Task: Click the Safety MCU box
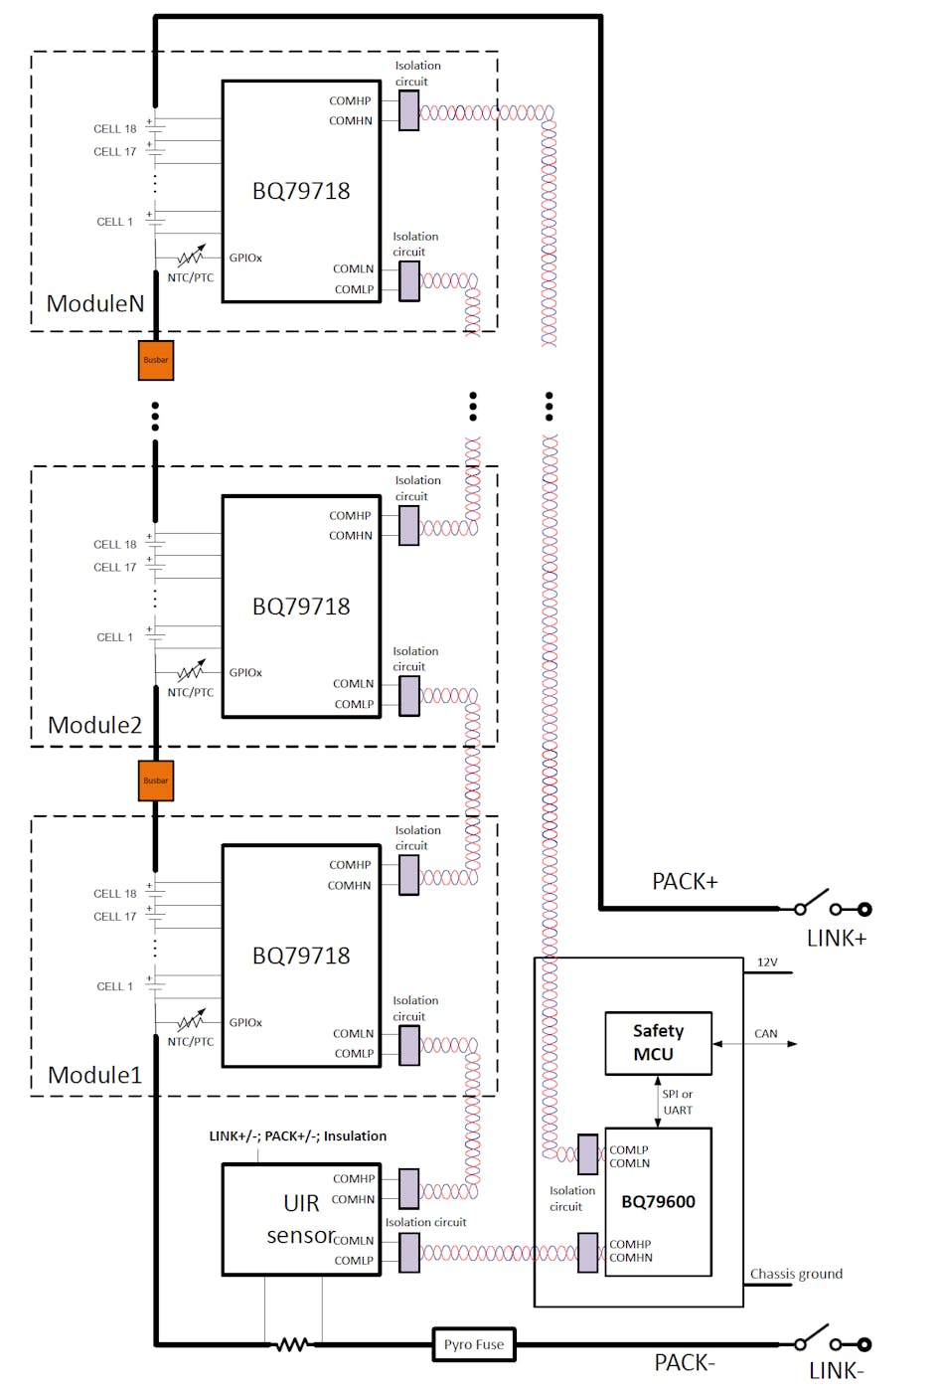[658, 1043]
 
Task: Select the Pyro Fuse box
[474, 1344]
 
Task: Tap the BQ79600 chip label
[658, 1201]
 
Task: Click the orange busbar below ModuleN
[156, 360]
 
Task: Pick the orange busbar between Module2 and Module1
[156, 781]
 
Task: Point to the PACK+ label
[684, 882]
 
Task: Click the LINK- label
[836, 1371]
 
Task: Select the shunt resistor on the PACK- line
[292, 1344]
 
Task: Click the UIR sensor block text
[301, 1219]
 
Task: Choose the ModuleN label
[95, 304]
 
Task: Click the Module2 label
[95, 725]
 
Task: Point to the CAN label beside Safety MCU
[765, 1034]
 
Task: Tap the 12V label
[767, 962]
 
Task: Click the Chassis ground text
[796, 1274]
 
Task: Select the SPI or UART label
[678, 1102]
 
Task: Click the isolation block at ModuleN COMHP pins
[409, 110]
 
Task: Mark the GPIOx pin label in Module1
[245, 1022]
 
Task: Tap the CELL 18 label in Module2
[115, 544]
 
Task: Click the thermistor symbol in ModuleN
[191, 257]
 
